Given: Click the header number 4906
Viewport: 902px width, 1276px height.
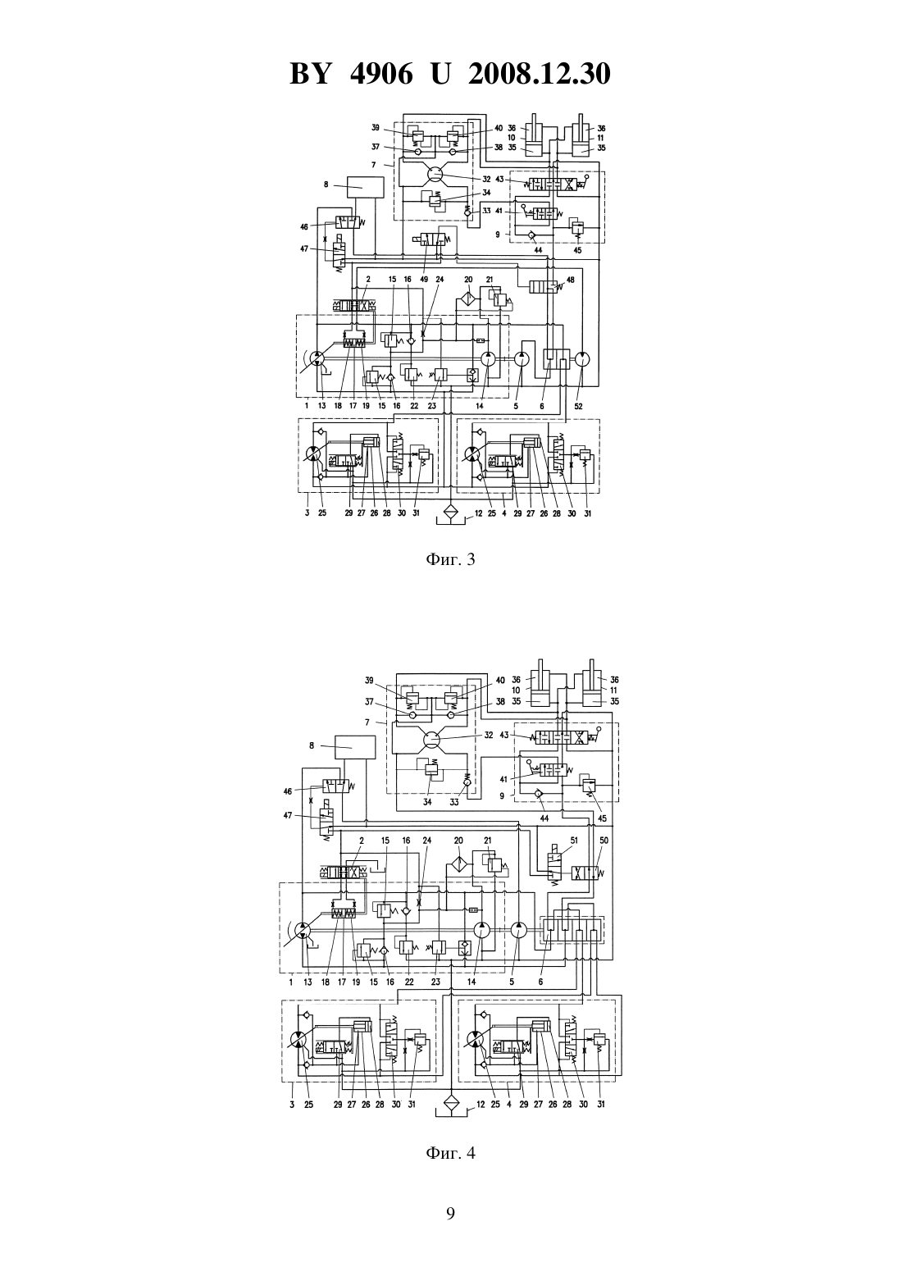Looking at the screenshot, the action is point(380,74).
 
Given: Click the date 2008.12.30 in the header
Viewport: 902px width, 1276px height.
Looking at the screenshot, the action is point(540,74).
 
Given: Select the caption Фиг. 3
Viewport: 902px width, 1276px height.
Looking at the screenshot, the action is point(450,559).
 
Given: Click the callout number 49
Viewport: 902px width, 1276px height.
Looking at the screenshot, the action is point(424,279).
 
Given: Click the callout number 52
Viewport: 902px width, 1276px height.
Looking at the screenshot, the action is point(580,406).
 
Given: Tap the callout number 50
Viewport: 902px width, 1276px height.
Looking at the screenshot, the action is point(604,840).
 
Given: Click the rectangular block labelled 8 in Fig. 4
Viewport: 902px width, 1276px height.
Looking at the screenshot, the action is point(355,747).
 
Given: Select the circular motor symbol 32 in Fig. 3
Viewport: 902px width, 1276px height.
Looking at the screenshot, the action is point(435,174).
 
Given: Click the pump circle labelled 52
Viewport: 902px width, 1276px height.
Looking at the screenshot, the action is point(582,359).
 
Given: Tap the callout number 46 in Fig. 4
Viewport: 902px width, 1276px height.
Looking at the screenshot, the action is point(288,791).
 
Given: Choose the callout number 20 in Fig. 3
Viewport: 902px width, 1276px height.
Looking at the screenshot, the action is point(468,279).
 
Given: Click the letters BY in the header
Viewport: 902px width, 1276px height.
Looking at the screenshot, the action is point(310,74).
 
